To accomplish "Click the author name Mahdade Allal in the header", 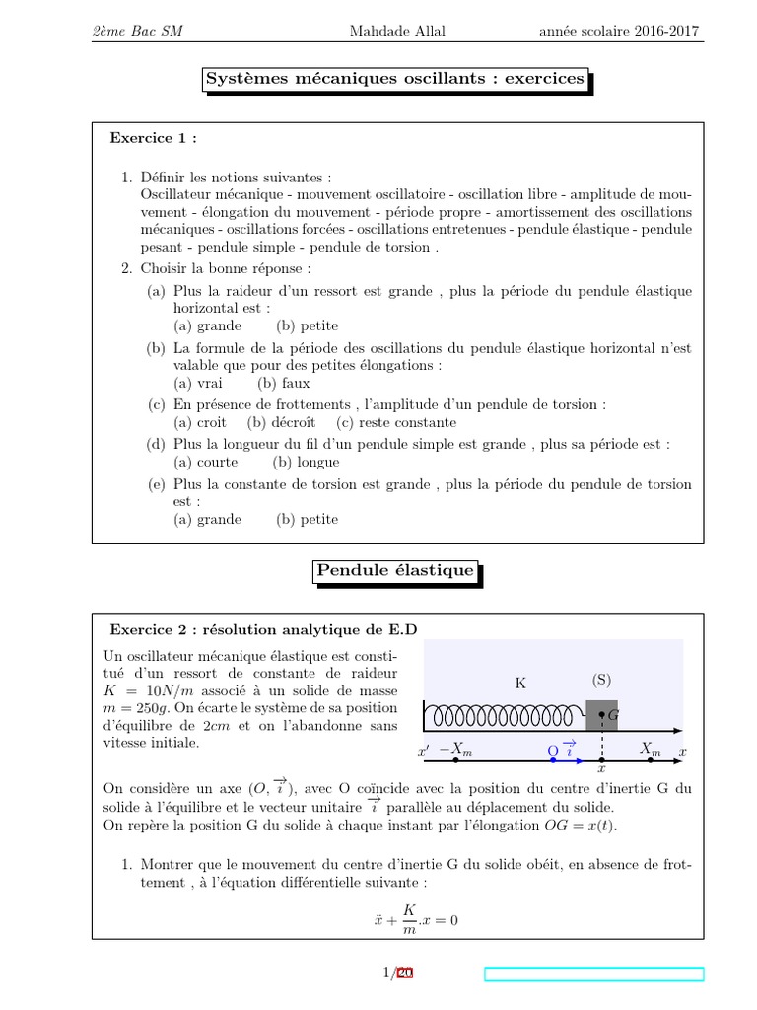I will point(397,31).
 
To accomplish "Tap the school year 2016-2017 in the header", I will point(619,31).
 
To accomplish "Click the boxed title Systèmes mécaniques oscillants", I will point(394,79).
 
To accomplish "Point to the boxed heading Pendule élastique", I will point(395,571).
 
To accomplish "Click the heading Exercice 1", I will point(153,138).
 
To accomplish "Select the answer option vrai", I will point(198,384).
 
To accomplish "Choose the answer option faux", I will point(284,384).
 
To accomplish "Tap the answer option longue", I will point(307,462).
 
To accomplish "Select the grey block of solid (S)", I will point(601,715).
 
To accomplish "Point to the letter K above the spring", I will point(520,683).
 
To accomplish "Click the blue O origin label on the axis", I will point(553,752).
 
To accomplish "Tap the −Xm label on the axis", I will point(455,751).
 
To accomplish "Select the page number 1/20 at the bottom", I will point(397,974).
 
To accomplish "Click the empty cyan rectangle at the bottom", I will point(594,974).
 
